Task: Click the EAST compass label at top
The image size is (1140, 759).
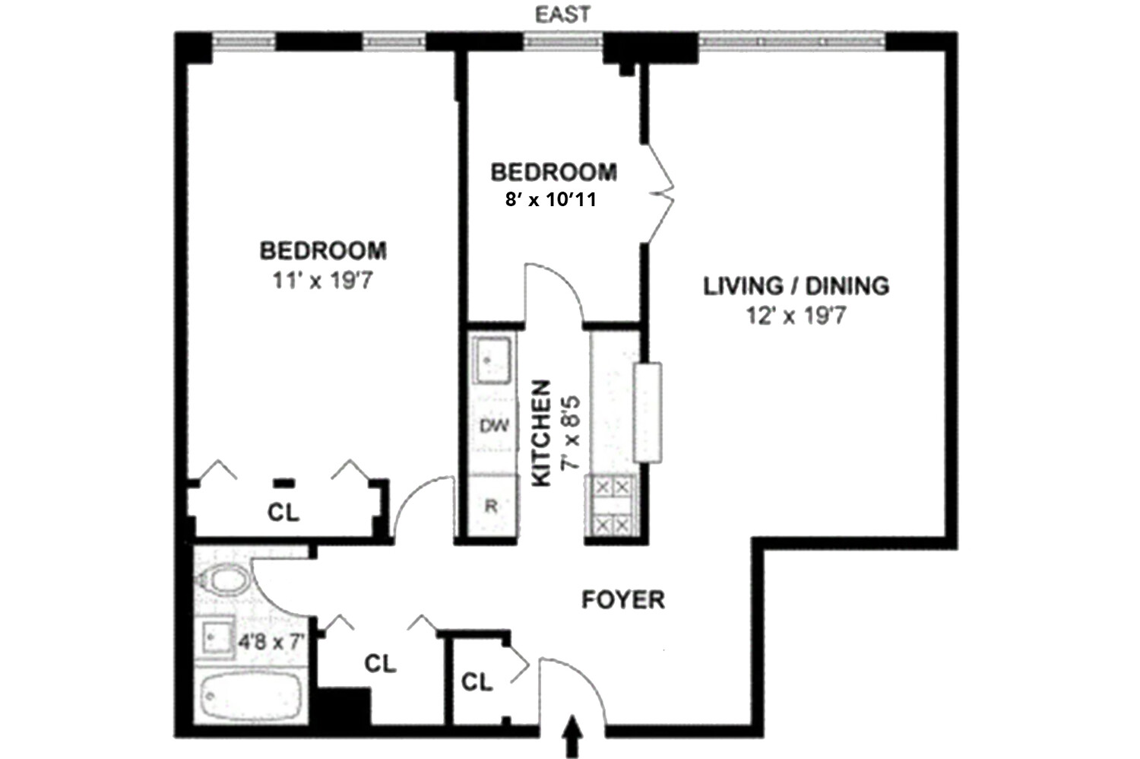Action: pyautogui.click(x=563, y=14)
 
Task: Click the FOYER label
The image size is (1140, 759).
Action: pyautogui.click(x=623, y=600)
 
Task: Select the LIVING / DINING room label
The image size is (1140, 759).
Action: pyautogui.click(x=796, y=286)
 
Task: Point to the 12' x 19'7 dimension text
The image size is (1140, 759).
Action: pyautogui.click(x=796, y=315)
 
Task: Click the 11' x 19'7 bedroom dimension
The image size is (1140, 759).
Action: pyautogui.click(x=322, y=281)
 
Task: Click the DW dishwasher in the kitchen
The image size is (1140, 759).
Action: pyautogui.click(x=493, y=426)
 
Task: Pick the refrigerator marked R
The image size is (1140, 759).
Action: pyautogui.click(x=491, y=506)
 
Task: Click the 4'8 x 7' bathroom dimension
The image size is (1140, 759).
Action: pyautogui.click(x=271, y=642)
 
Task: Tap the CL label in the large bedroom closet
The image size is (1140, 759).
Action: pyautogui.click(x=283, y=513)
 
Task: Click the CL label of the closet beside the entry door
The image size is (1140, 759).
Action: pyautogui.click(x=477, y=682)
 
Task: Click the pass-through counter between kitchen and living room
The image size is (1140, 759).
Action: pyautogui.click(x=648, y=412)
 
